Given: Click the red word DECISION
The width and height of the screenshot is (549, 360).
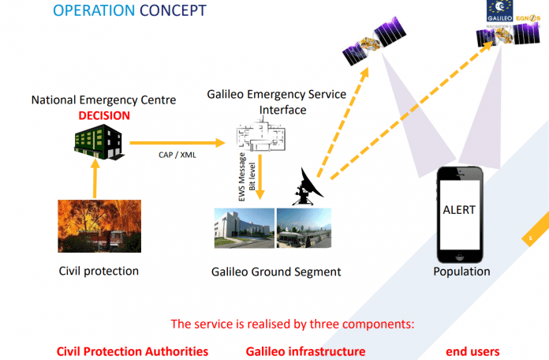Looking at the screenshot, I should coord(103,115).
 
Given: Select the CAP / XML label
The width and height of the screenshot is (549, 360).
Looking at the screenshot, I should coord(177,156).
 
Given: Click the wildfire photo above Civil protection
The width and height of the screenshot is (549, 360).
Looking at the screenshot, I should coord(99,226).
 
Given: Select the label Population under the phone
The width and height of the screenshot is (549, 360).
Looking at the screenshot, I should coord(461,272).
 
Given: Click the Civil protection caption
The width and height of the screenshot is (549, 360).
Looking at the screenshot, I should coord(99,272).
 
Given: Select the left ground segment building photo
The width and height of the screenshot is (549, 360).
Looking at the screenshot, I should coord(244,228).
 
